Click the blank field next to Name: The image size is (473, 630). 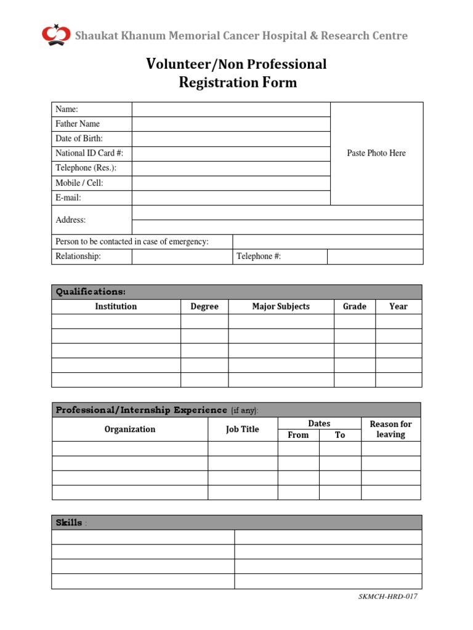click(231, 110)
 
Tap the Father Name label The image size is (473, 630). click(78, 124)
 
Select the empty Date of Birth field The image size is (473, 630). click(231, 139)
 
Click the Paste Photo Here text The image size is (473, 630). click(376, 153)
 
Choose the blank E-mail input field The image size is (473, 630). click(231, 198)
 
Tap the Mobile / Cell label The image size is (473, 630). click(79, 183)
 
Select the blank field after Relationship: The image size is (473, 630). click(182, 257)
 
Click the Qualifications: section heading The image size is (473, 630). click(91, 292)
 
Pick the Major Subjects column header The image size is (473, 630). click(281, 306)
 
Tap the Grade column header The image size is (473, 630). click(354, 306)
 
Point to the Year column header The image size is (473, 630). click(398, 306)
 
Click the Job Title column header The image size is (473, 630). click(242, 429)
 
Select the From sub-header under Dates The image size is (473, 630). click(298, 435)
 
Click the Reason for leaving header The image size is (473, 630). click(390, 429)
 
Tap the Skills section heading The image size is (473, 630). click(68, 522)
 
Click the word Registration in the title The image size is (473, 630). click(214, 82)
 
